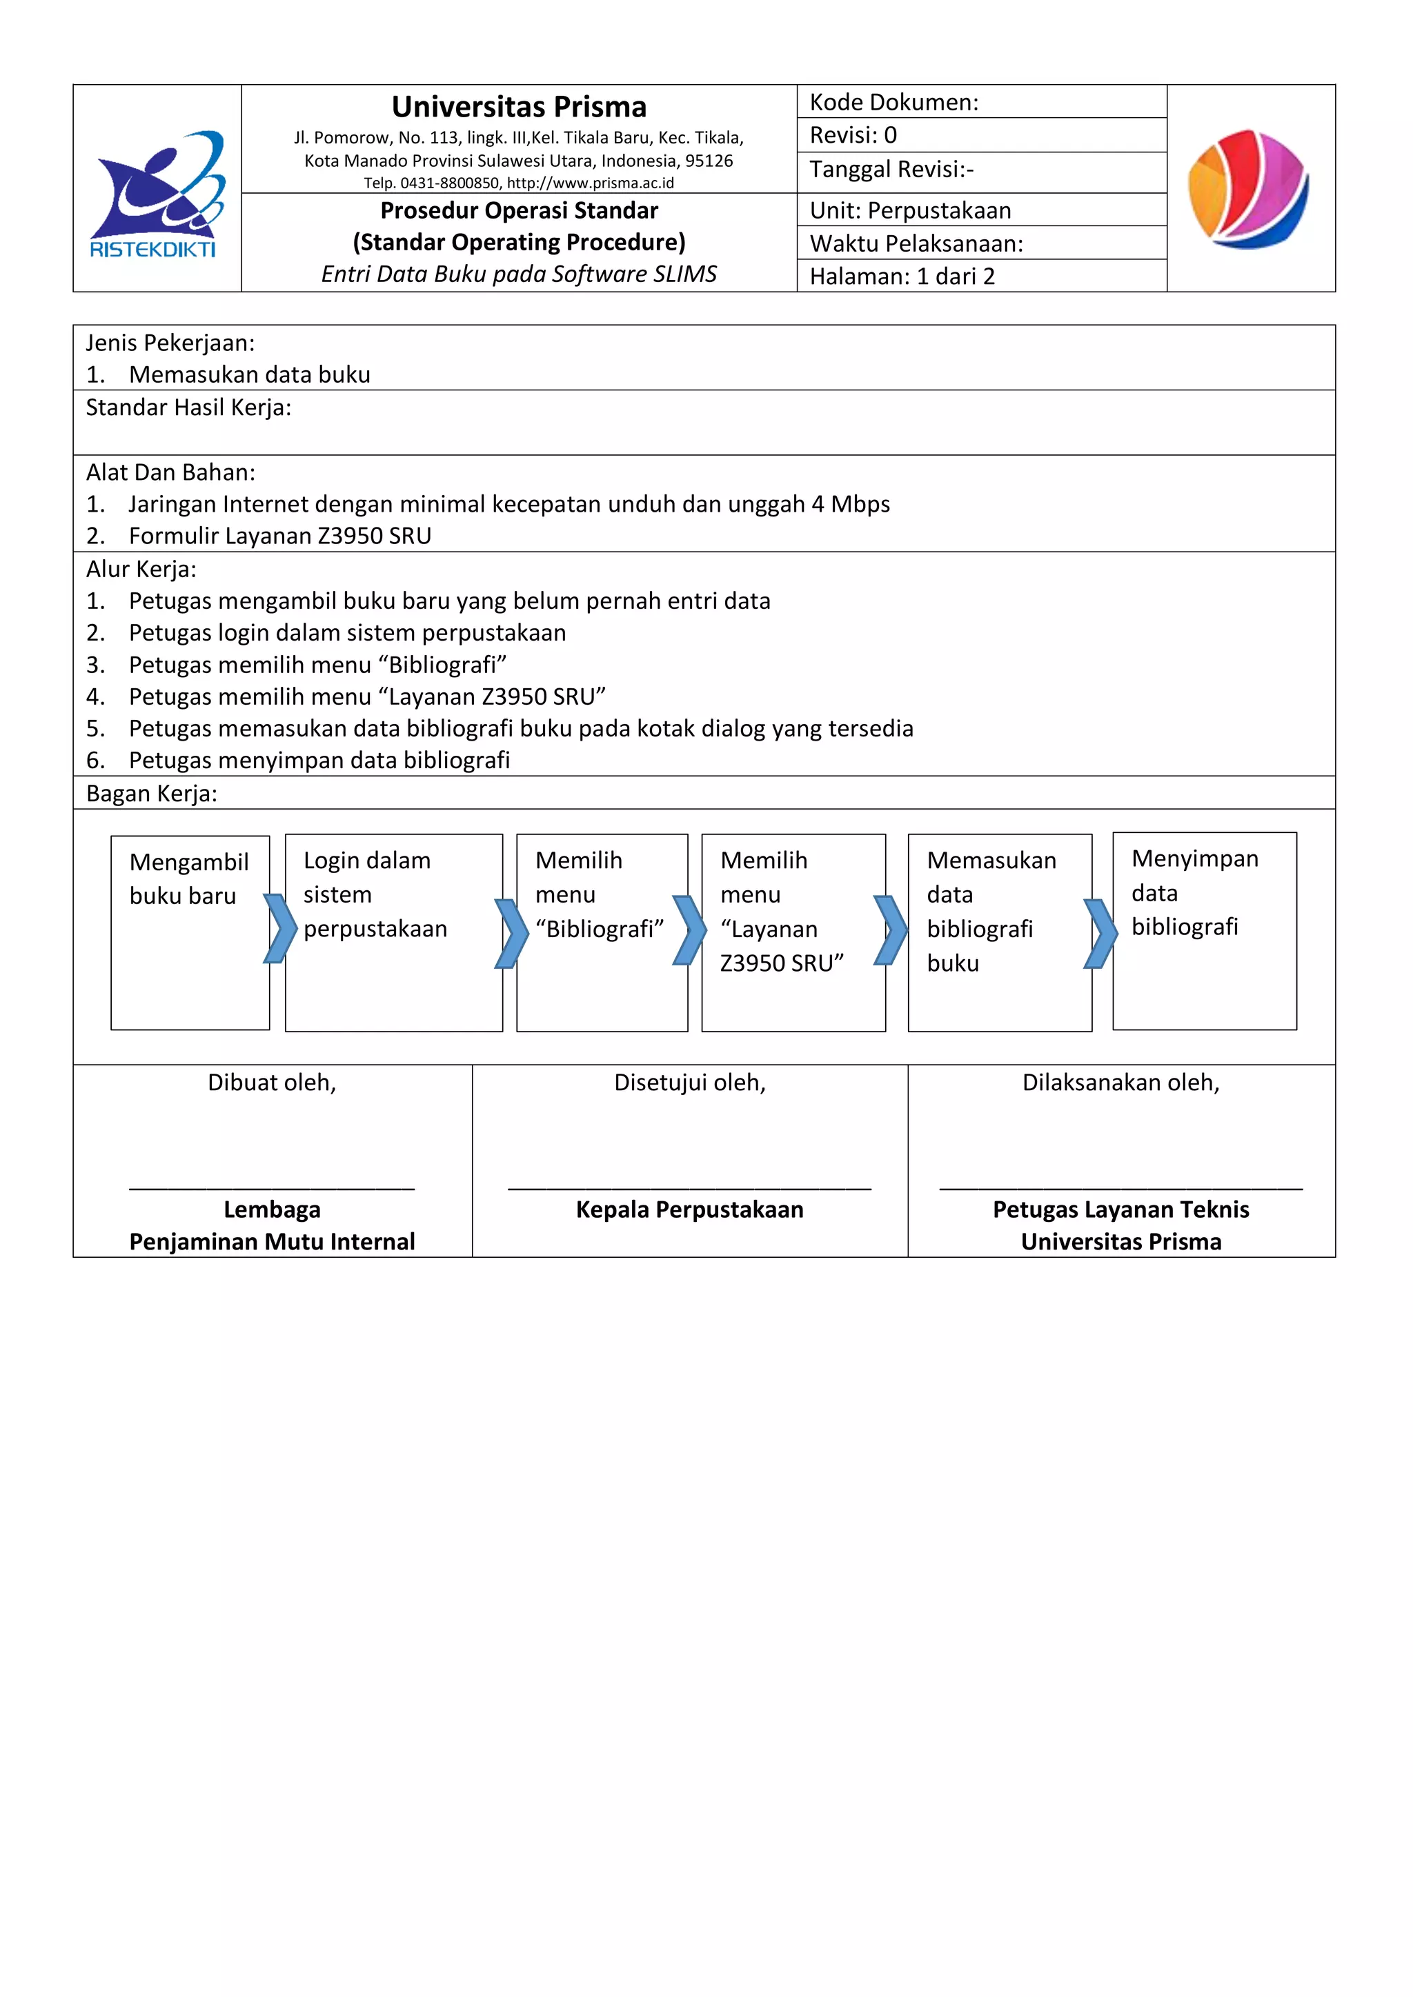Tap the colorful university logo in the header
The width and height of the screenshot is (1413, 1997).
(1249, 189)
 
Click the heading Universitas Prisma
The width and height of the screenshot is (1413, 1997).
(519, 107)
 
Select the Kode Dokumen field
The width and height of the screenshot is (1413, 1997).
(893, 103)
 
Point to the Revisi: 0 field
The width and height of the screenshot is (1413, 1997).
(853, 136)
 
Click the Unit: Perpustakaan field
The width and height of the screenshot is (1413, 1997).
(910, 210)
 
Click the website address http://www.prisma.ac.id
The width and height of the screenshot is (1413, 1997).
(590, 183)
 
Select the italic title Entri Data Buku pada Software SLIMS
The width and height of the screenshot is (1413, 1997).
(519, 274)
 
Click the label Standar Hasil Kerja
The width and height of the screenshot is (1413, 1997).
(188, 408)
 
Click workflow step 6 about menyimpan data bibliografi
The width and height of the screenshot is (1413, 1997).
(319, 760)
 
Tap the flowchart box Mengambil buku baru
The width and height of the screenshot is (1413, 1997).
(190, 932)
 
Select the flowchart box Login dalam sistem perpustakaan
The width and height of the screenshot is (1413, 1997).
(393, 932)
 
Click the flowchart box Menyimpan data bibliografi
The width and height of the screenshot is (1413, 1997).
(1204, 931)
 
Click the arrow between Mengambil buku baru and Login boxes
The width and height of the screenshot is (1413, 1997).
(279, 929)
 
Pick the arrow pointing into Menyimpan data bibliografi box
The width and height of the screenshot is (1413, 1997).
(1100, 933)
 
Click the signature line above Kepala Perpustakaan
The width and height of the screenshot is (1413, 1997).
(689, 1188)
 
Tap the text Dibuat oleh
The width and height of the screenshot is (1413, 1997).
(271, 1083)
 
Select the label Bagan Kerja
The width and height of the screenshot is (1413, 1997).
(151, 793)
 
